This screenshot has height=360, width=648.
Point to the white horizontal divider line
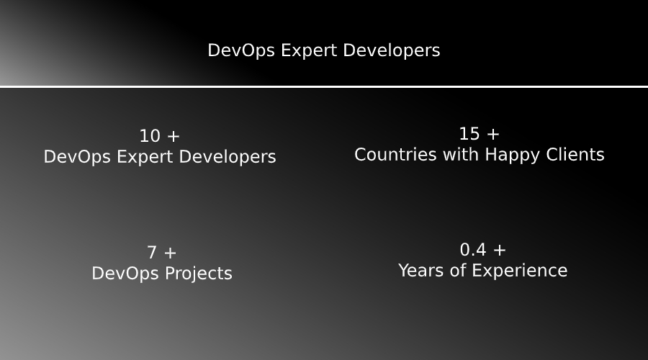tap(324, 87)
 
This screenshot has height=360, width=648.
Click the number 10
tap(149, 136)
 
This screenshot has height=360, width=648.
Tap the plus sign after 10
tap(173, 136)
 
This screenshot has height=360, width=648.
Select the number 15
tap(469, 134)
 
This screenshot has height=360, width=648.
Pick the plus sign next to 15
tap(492, 134)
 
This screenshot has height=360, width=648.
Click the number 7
tap(152, 253)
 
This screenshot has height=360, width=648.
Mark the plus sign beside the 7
tap(170, 253)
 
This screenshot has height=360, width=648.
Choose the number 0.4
tap(473, 250)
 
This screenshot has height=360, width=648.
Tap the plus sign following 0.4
tap(500, 250)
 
